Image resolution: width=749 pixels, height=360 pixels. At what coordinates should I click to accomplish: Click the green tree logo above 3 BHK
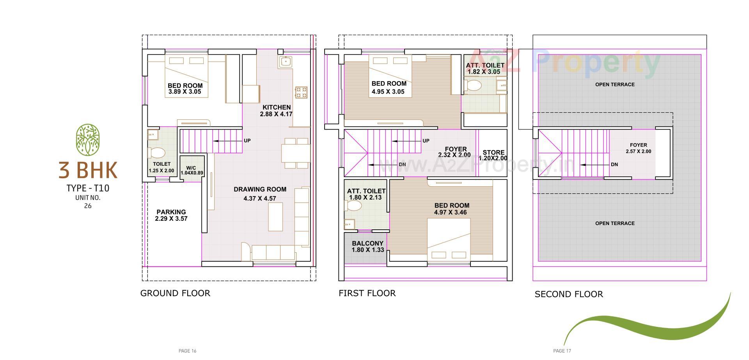[x=88, y=138]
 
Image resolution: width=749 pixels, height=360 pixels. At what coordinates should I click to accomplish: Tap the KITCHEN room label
[x=276, y=107]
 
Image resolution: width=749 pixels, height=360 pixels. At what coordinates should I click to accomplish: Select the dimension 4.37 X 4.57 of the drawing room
[x=259, y=199]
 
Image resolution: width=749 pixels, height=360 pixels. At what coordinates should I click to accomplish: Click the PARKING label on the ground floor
[x=171, y=212]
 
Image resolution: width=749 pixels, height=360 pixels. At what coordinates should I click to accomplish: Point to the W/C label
[x=191, y=168]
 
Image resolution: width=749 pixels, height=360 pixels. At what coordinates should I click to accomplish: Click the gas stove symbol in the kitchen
[x=301, y=92]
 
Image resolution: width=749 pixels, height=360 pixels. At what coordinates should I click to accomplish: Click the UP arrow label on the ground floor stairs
[x=247, y=140]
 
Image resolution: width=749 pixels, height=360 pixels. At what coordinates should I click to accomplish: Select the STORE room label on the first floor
[x=493, y=153]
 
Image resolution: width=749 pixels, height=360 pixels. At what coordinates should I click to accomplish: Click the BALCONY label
[x=367, y=243]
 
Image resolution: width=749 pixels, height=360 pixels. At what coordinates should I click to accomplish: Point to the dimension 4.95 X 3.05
[x=388, y=92]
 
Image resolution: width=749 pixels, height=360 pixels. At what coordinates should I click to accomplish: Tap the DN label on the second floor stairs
[x=614, y=165]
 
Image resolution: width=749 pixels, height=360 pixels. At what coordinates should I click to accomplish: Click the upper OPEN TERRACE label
[x=615, y=85]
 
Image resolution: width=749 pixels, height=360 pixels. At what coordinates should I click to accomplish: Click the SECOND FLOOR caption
[x=568, y=294]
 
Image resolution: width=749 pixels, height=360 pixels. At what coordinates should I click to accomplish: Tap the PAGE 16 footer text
[x=187, y=351]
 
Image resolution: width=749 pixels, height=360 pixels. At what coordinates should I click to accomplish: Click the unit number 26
[x=88, y=206]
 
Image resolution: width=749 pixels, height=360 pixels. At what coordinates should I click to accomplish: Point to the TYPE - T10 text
[x=88, y=188]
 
